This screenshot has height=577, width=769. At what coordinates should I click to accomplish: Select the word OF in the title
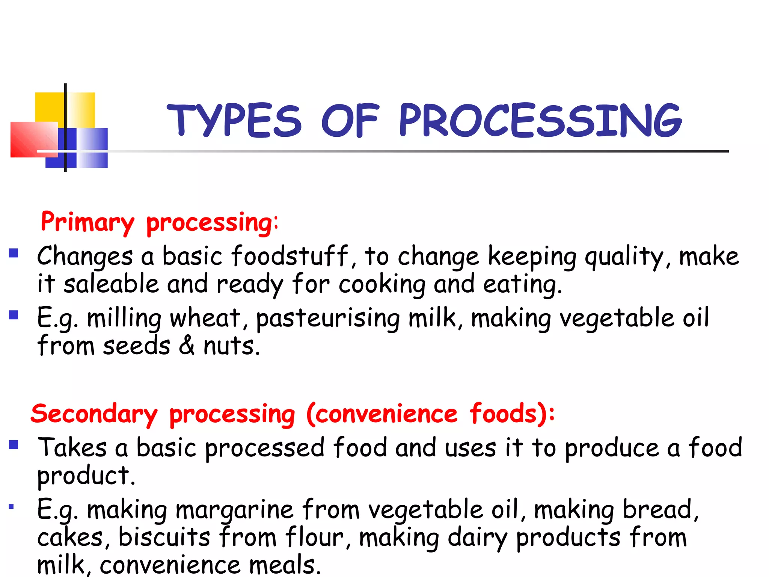pos(350,120)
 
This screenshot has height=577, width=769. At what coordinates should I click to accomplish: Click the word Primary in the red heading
pos(87,222)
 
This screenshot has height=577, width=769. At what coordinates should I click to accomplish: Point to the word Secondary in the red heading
pos(94,414)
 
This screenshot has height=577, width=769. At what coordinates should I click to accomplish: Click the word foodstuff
pos(290,256)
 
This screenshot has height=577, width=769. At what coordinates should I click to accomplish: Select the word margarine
pos(234,510)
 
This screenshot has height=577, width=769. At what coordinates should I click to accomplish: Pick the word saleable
pos(111,284)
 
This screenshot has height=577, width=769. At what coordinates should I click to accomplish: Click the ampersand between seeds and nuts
pos(187,346)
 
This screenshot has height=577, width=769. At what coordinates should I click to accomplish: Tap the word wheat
pos(205,318)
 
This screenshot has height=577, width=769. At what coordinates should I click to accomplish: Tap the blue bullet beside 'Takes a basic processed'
pos(14,445)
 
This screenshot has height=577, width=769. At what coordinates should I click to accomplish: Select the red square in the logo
pos(30,139)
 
